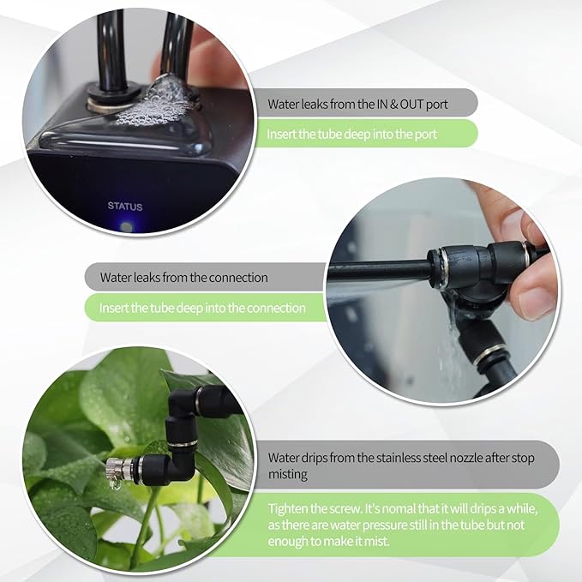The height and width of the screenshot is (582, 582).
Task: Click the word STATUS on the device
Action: point(125,207)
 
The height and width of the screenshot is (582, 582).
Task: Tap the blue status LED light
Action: point(127,227)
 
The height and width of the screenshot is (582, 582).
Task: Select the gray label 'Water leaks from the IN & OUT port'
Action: point(357,105)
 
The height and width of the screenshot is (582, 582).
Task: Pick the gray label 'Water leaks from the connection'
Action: point(183,278)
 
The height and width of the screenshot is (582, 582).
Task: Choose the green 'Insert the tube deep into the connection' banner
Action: point(202,308)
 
